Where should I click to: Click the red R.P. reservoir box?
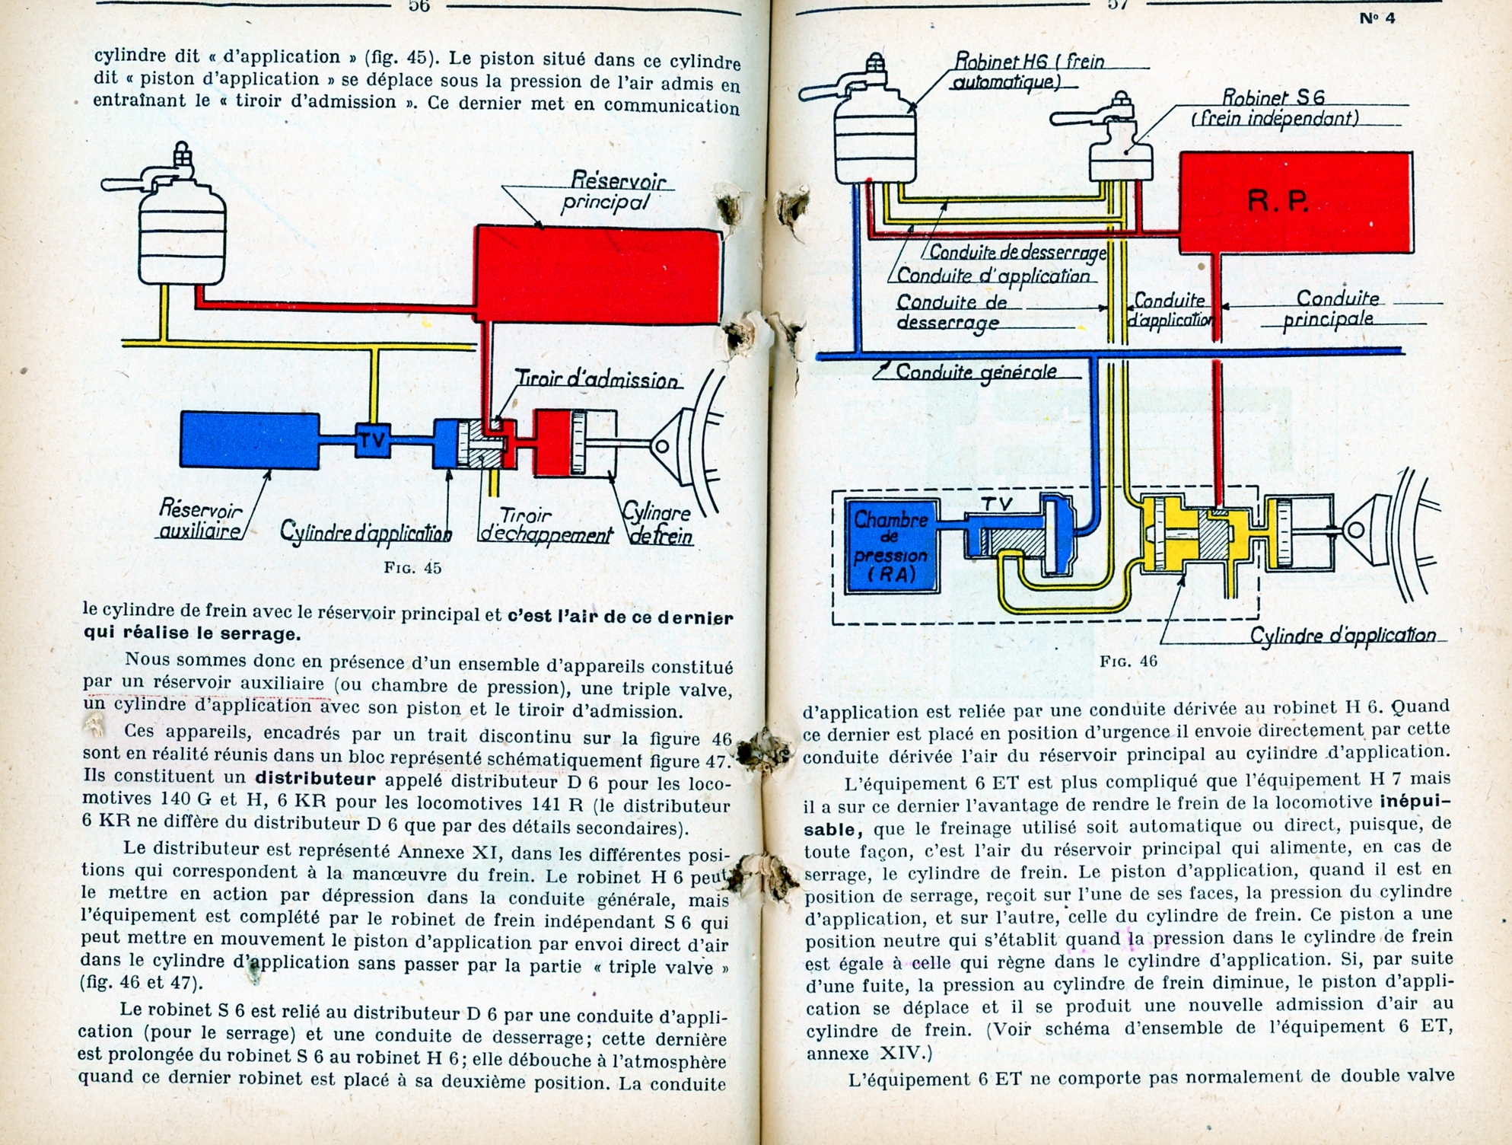(x=1296, y=203)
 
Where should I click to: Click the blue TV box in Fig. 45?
(x=374, y=440)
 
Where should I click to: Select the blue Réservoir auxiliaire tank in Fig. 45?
(x=250, y=441)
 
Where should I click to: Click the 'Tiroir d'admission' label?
(x=598, y=379)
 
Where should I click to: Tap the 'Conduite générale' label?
(x=976, y=372)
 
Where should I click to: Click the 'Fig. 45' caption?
(x=412, y=568)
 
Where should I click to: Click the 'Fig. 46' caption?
(x=1128, y=661)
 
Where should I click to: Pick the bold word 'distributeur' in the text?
(x=316, y=780)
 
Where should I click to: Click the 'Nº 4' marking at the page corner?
(x=1377, y=19)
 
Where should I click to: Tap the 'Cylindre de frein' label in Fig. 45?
(x=658, y=525)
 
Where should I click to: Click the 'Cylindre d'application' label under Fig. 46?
(x=1343, y=635)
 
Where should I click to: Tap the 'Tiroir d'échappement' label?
(x=546, y=525)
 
